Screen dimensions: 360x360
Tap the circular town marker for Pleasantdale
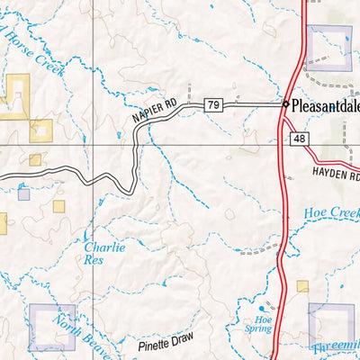[285, 104]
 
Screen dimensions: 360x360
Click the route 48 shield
[300, 137]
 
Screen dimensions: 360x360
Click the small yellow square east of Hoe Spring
[302, 286]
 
